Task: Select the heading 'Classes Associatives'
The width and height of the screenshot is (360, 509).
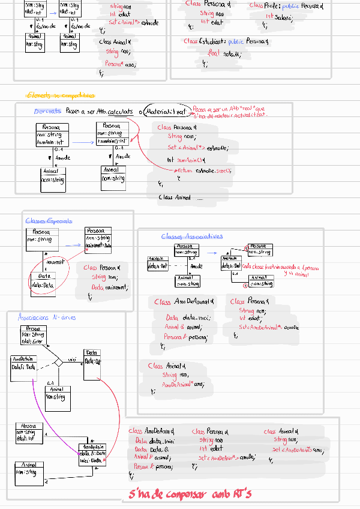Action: pos(191,236)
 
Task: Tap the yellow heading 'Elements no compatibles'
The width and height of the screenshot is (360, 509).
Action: pos(61,95)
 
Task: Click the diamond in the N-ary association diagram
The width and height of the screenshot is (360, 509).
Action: pos(58,363)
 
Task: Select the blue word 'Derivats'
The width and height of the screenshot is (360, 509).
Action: pos(47,112)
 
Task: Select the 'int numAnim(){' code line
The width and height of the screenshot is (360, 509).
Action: pos(187,160)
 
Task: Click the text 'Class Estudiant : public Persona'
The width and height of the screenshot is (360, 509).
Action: pos(225,41)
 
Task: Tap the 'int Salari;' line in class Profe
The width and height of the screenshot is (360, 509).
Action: pos(278,17)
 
